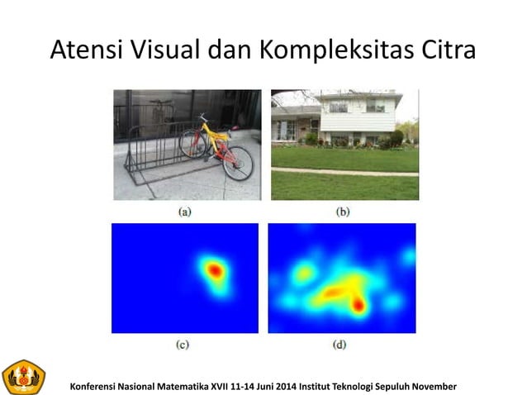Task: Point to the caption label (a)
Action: tap(186, 212)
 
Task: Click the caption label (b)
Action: tap(343, 212)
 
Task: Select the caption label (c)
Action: tap(184, 344)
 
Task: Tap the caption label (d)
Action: tap(339, 344)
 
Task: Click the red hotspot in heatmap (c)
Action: tap(215, 270)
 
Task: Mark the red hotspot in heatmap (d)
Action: tap(358, 305)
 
